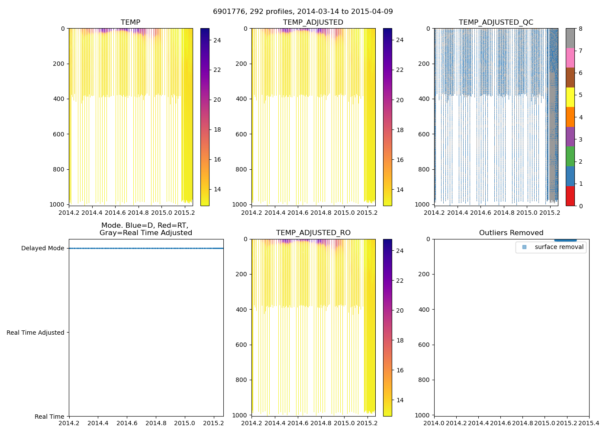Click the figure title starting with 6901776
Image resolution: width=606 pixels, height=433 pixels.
pyautogui.click(x=303, y=12)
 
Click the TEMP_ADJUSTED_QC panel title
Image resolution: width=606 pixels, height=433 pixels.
pyautogui.click(x=496, y=23)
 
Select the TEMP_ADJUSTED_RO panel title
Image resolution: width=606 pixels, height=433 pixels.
pyautogui.click(x=313, y=233)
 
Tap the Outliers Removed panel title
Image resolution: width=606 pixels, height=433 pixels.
pyautogui.click(x=511, y=233)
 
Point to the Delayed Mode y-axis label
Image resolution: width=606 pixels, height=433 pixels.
pyautogui.click(x=42, y=248)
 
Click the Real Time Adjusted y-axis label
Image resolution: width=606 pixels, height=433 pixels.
pyautogui.click(x=35, y=333)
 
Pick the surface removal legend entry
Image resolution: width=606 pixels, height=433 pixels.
pyautogui.click(x=559, y=247)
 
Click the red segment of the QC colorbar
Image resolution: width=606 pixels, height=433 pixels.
pyautogui.click(x=570, y=196)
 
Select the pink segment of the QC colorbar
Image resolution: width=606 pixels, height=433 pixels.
pyautogui.click(x=570, y=58)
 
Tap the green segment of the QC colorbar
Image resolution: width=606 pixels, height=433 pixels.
pyautogui.click(x=570, y=156)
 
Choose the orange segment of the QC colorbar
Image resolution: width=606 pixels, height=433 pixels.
pyautogui.click(x=570, y=117)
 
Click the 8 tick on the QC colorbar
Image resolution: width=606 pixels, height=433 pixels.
pyautogui.click(x=580, y=29)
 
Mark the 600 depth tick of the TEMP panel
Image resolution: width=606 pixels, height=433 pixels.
pyautogui.click(x=59, y=134)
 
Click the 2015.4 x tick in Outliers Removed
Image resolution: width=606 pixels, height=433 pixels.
pyautogui.click(x=589, y=423)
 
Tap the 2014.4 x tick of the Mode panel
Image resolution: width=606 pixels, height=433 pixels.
pyautogui.click(x=98, y=423)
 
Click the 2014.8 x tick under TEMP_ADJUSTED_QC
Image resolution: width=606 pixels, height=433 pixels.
pyautogui.click(x=504, y=212)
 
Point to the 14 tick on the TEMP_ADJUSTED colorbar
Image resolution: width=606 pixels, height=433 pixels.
pyautogui.click(x=400, y=190)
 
